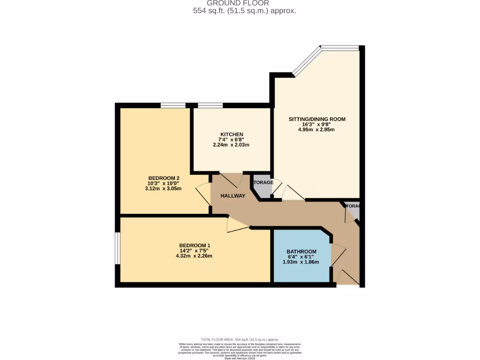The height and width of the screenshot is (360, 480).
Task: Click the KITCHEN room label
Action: [x=232, y=135]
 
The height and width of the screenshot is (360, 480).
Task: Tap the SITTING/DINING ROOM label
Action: [x=317, y=119]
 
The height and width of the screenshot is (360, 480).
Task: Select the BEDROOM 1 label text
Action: [x=195, y=246]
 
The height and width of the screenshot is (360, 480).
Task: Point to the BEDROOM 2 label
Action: [x=164, y=178]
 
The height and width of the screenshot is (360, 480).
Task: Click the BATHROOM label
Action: [x=301, y=252]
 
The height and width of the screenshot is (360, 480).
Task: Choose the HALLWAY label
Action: [x=233, y=196]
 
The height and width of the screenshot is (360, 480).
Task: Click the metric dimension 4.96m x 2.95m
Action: [x=317, y=130]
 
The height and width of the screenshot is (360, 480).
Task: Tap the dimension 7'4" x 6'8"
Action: [x=232, y=140]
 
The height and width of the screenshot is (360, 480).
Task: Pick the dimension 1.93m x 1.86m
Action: [x=301, y=262]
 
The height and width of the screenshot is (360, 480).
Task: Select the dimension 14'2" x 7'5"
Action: [x=195, y=251]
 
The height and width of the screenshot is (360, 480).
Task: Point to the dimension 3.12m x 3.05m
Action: [x=164, y=188]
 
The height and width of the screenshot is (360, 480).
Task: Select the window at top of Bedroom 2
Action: [x=173, y=105]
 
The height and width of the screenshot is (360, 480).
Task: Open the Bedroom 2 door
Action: [x=203, y=194]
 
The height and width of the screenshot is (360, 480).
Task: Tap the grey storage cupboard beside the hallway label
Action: [x=263, y=189]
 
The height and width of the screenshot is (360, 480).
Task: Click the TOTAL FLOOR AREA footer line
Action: [x=240, y=339]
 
